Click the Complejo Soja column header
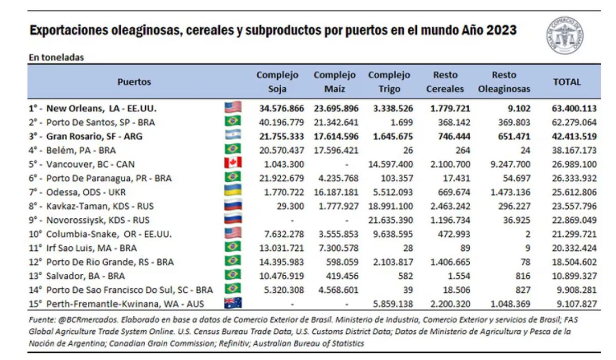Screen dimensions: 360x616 pyautogui.click(x=277, y=82)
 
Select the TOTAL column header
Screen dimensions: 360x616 pyautogui.click(x=567, y=82)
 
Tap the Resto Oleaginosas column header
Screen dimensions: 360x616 pyautogui.click(x=504, y=82)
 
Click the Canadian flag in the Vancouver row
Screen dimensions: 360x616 pyautogui.click(x=233, y=164)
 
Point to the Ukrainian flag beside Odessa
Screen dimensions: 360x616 pyautogui.click(x=233, y=192)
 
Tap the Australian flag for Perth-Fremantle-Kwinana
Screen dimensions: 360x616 pyautogui.click(x=233, y=303)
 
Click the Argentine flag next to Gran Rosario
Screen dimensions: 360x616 pyautogui.click(x=233, y=136)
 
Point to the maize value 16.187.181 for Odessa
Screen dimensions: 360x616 pyautogui.click(x=335, y=192)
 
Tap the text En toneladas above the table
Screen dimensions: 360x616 pyautogui.click(x=56, y=58)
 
